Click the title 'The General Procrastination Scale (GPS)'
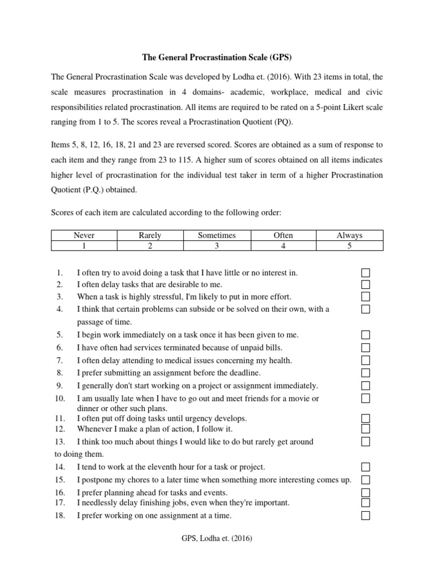216,57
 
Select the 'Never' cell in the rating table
84,235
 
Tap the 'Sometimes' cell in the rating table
216,235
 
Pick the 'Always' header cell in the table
349,235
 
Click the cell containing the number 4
283,245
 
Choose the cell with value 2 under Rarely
150,245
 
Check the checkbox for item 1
366,273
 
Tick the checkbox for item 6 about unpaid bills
366,347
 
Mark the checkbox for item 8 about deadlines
366,373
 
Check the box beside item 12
366,429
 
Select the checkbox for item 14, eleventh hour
366,467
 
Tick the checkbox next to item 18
366,515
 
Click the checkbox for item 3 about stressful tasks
366,297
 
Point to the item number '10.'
60,399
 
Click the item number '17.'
60,502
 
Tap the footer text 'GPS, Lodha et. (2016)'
216,539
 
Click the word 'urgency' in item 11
192,418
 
